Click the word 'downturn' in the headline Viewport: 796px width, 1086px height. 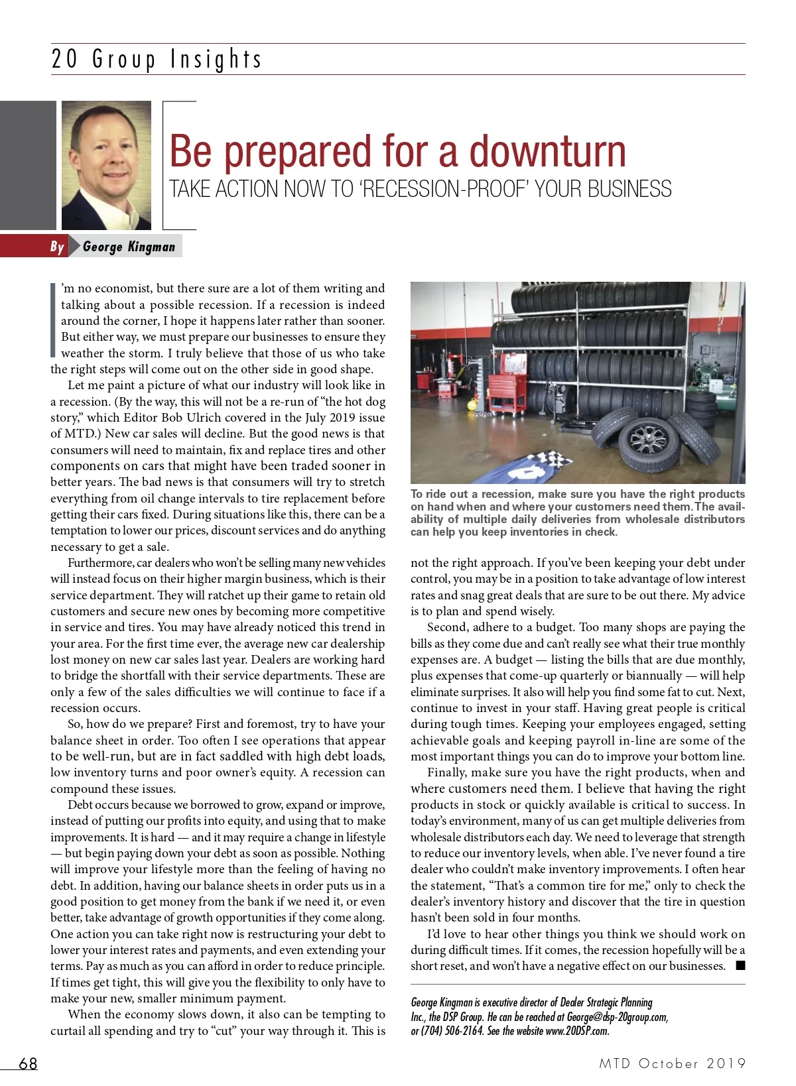(547, 151)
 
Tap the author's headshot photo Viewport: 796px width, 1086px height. (106, 165)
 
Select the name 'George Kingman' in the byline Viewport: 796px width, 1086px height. (129, 247)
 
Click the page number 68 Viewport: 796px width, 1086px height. (28, 1063)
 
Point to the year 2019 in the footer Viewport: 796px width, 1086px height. (726, 1063)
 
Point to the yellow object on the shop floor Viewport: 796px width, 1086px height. (470, 402)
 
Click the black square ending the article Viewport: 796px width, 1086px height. (740, 966)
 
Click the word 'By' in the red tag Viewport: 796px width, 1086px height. (57, 247)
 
